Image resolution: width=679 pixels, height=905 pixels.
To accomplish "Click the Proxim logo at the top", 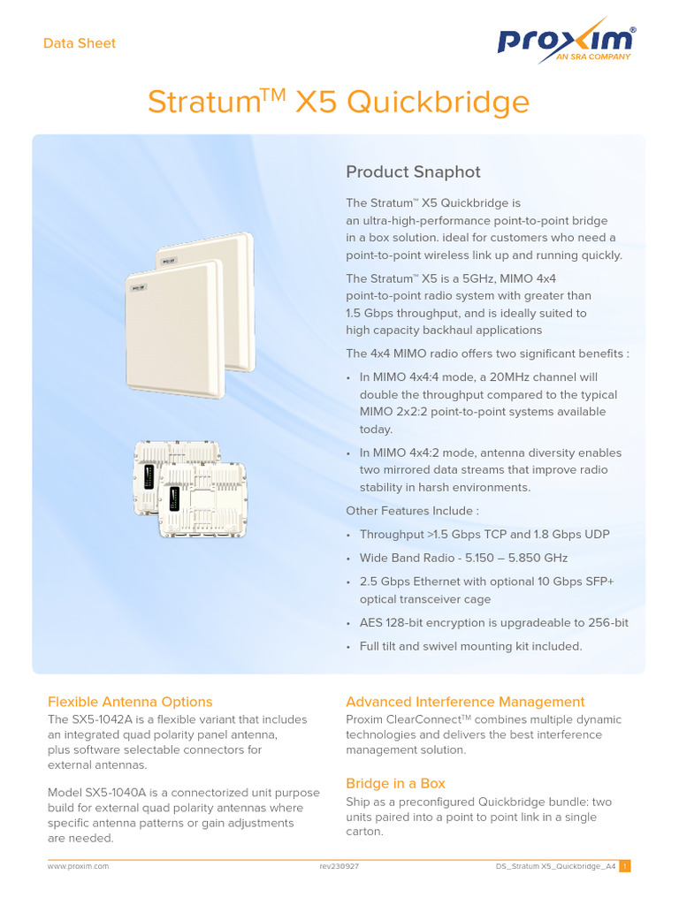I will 566,42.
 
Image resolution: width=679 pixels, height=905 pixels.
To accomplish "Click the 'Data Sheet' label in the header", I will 80,43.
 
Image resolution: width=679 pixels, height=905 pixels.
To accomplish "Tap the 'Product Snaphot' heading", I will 413,171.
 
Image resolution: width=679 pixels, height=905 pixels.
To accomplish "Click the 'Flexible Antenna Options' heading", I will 130,702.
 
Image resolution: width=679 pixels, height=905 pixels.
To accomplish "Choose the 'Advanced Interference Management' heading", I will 465,702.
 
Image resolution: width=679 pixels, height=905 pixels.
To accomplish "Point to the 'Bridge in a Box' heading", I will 395,783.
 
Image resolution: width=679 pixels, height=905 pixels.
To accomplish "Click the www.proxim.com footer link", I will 78,867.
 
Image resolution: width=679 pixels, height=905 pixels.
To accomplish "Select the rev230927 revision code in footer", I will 339,867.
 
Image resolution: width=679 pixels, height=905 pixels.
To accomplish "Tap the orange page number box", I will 624,867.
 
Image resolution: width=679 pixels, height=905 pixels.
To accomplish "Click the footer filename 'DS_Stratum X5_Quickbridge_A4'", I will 555,867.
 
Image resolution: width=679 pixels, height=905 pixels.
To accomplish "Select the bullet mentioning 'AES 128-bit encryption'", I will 493,623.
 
